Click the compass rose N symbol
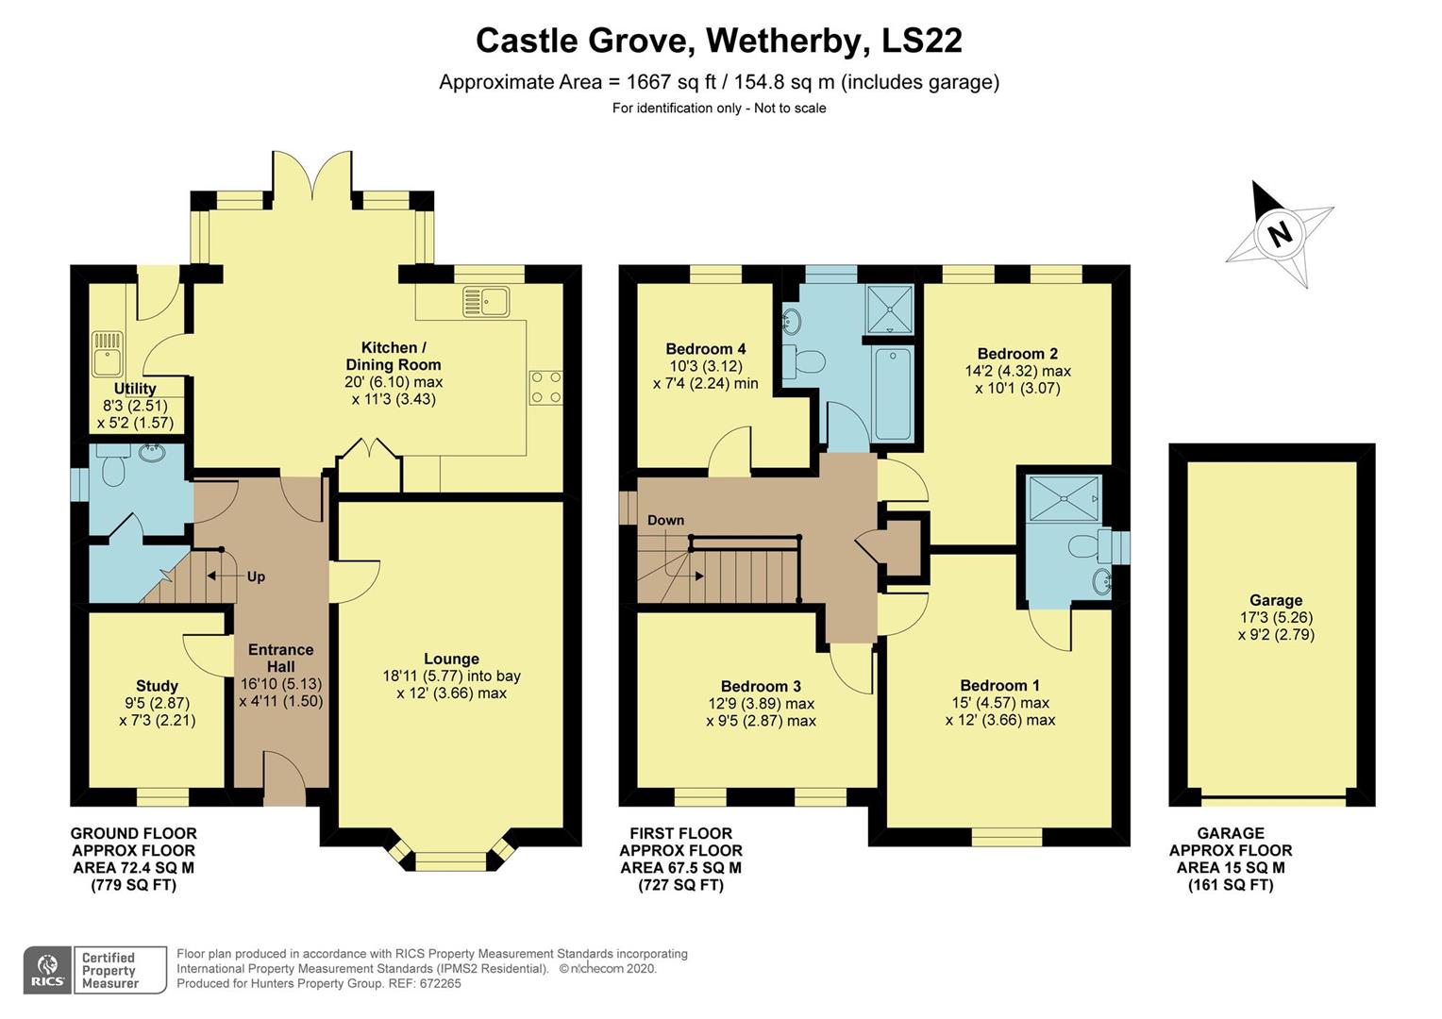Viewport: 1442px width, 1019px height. coord(1280,233)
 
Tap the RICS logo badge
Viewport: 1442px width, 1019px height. coord(47,970)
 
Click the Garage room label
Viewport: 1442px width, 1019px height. coord(1276,600)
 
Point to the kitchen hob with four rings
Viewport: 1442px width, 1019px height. coord(546,386)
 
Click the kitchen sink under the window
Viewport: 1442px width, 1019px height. coord(486,302)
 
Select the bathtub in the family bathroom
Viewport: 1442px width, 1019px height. coord(893,393)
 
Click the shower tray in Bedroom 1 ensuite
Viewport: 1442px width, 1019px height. coord(1063,499)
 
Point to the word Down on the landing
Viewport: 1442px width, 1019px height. coord(665,520)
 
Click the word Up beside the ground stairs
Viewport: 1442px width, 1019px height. coord(256,576)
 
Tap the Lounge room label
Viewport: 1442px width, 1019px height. coord(451,660)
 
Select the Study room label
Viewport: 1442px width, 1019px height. coord(157,686)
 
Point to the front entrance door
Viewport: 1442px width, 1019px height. coord(284,779)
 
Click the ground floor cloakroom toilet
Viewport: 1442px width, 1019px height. coord(113,467)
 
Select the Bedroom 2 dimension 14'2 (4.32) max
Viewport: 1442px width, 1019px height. coord(1017,371)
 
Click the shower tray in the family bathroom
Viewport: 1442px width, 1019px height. coord(889,308)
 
